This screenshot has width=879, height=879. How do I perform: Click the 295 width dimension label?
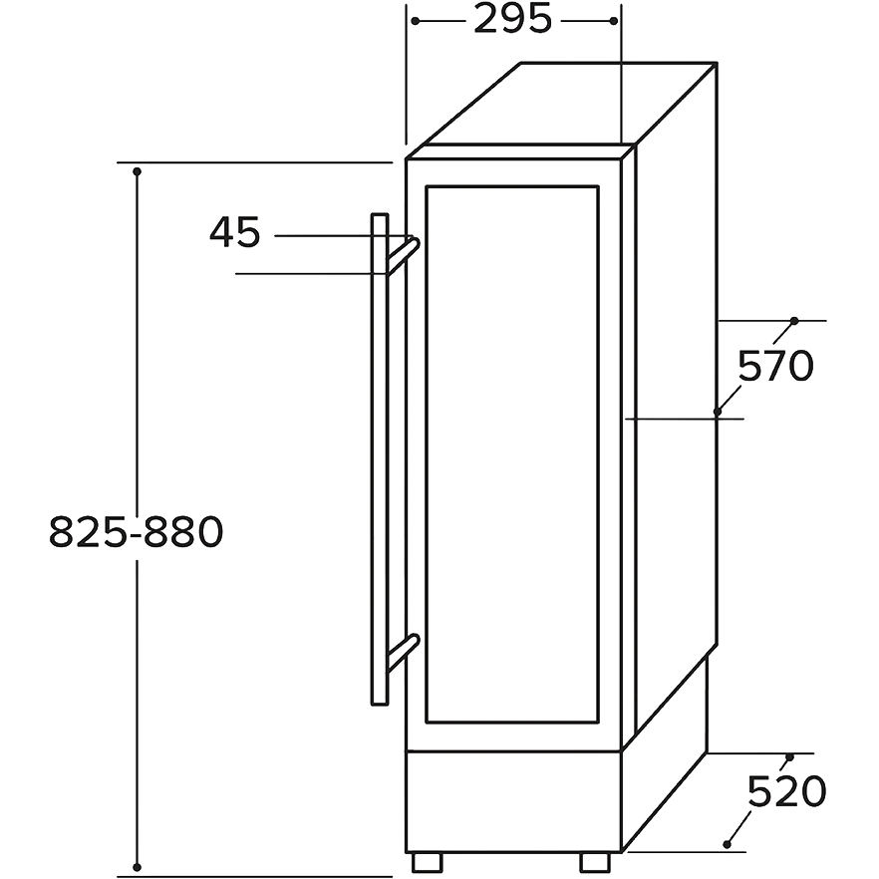click(x=513, y=20)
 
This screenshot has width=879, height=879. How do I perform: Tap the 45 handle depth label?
click(x=235, y=232)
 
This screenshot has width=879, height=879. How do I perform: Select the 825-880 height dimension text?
click(x=137, y=532)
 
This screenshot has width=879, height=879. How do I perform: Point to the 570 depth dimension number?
click(x=775, y=366)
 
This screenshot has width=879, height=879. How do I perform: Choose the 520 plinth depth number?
click(x=786, y=791)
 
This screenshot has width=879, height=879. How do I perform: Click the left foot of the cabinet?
click(x=428, y=862)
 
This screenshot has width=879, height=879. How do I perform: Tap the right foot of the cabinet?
click(x=595, y=862)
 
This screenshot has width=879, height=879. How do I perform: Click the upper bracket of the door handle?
click(x=403, y=255)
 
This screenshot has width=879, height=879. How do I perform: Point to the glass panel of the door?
click(x=512, y=454)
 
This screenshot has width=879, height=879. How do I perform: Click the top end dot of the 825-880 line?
click(x=137, y=171)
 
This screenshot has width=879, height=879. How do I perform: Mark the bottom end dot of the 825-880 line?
click(x=137, y=867)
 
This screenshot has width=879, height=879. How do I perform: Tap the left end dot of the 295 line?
click(x=416, y=21)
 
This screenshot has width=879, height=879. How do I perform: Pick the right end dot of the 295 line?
click(x=613, y=21)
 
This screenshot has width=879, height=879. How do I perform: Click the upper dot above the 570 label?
click(x=793, y=321)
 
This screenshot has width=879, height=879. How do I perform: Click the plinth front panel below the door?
click(x=513, y=801)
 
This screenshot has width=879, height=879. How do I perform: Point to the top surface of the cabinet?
click(x=562, y=104)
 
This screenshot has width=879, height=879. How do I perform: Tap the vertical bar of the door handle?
click(x=379, y=458)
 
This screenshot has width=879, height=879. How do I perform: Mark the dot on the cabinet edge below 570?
click(x=718, y=412)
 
